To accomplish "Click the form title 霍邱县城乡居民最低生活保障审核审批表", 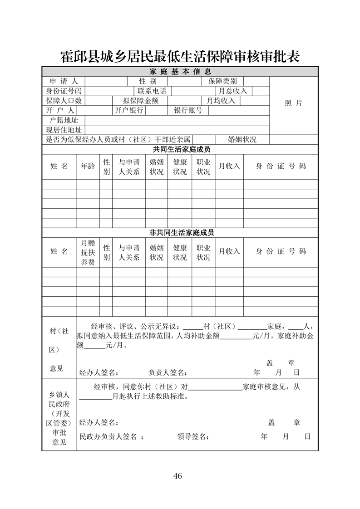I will (x=180, y=56).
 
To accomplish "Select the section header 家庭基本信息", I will (x=180, y=72).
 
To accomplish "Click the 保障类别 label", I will (x=222, y=81).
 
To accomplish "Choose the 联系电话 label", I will (x=152, y=91).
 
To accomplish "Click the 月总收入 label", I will (x=233, y=91).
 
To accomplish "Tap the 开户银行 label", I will (x=129, y=110).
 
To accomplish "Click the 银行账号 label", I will (x=188, y=110).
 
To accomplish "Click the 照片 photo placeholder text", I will (x=293, y=103).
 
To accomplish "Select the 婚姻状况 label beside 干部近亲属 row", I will (x=242, y=140).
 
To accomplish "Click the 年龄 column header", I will (x=88, y=166).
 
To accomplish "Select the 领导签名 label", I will (x=193, y=436).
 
